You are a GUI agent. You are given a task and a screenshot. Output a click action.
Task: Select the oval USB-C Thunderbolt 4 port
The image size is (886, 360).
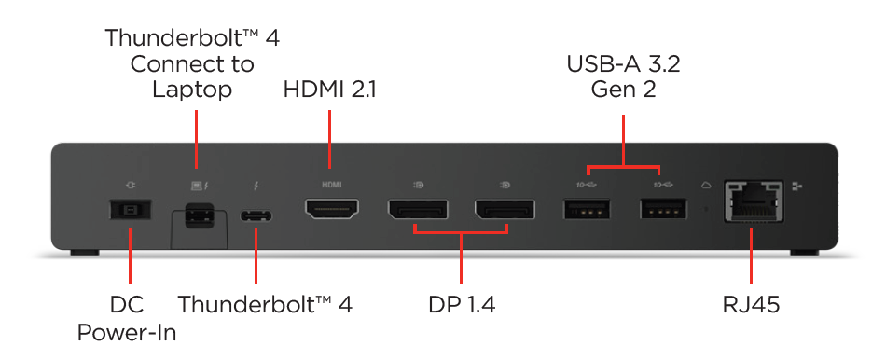(257, 216)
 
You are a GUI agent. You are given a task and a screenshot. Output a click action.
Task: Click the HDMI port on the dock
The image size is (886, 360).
(332, 211)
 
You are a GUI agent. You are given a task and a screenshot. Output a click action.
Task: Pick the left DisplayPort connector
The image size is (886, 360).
(416, 211)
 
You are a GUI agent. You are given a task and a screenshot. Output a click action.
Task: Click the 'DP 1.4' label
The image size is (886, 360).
(460, 305)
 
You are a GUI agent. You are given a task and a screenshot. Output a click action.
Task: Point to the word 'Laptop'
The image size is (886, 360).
(192, 90)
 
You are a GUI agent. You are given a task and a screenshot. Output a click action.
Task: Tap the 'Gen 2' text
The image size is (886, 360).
(623, 90)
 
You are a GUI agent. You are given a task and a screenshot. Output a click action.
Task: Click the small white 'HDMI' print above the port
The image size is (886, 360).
(332, 185)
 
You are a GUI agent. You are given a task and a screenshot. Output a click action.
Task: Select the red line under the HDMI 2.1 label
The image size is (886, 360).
(330, 138)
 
